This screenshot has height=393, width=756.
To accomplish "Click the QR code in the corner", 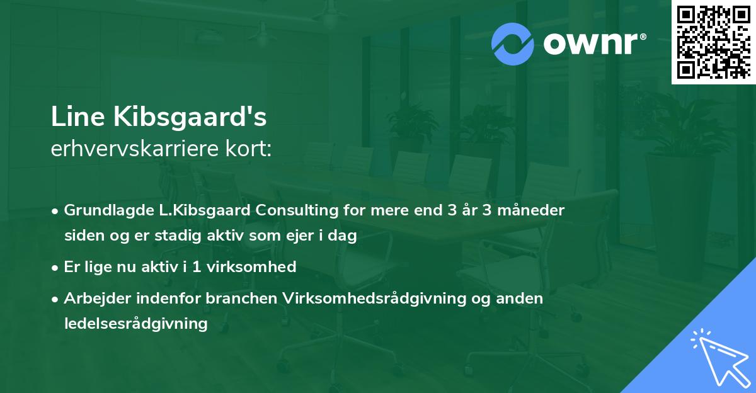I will coord(713,42).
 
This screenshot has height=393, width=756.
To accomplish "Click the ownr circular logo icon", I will coord(513,44).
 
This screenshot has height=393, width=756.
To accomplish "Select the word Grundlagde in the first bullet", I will coord(103,210).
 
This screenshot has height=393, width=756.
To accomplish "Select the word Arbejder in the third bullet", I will coord(93,299).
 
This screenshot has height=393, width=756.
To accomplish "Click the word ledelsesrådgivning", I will coord(135,324).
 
